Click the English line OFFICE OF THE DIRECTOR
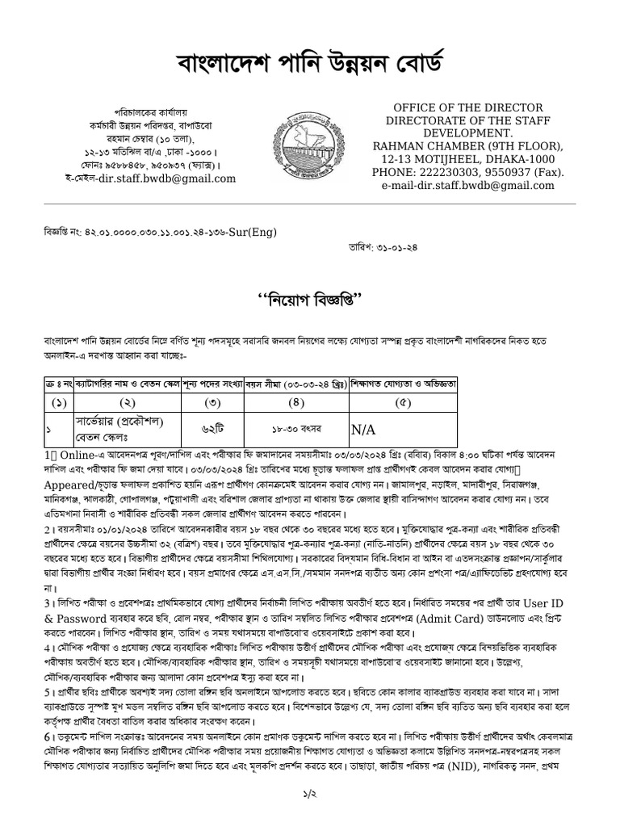pyautogui.click(x=456, y=108)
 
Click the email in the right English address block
pyautogui.click(x=480, y=186)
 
